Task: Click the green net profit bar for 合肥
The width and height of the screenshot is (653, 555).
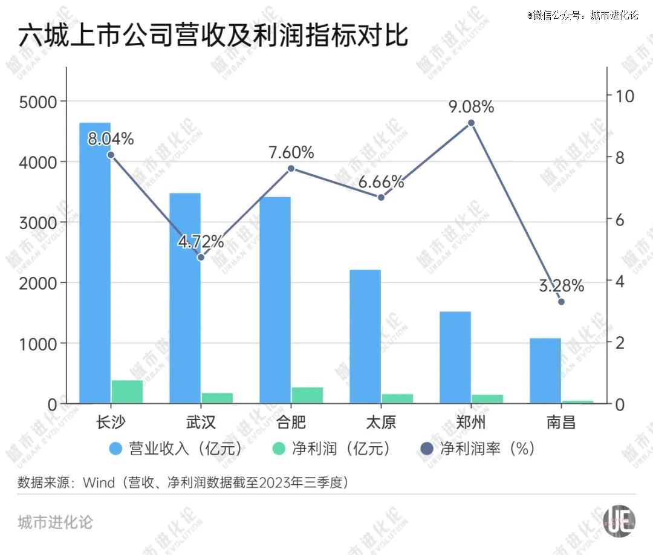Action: (x=307, y=395)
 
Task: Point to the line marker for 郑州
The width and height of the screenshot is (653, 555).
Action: (x=472, y=123)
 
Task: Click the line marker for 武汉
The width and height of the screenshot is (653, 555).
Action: (x=201, y=258)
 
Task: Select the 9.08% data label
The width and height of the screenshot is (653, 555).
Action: (x=472, y=108)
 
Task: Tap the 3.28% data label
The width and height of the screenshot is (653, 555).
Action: (x=562, y=285)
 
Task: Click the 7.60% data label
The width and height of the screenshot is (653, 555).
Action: (x=291, y=153)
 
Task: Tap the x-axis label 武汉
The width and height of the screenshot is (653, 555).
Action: (x=201, y=422)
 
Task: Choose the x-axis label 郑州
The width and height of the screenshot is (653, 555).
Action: (x=471, y=422)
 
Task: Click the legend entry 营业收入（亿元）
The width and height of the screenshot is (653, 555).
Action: (x=176, y=449)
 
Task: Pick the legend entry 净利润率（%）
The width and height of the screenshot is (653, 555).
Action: (x=478, y=449)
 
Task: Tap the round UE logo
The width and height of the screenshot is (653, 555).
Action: (x=620, y=520)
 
